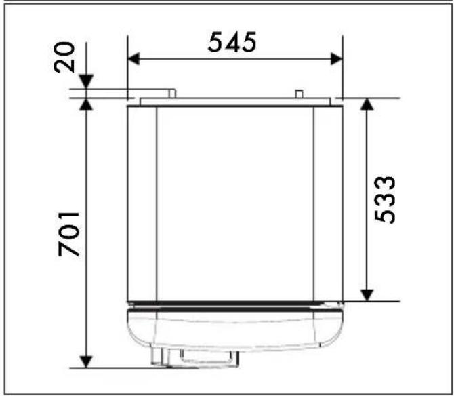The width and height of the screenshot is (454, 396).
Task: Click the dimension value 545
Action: click(232, 42)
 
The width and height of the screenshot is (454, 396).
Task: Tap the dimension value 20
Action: click(64, 57)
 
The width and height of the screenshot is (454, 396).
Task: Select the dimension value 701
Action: click(68, 234)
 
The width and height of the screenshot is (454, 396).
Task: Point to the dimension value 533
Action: click(384, 200)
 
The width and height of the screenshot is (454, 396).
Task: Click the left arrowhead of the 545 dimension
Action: click(133, 59)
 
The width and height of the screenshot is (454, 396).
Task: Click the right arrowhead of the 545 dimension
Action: click(337, 59)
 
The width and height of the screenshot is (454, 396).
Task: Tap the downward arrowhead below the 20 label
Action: click(86, 81)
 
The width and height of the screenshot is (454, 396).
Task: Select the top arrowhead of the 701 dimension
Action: click(86, 104)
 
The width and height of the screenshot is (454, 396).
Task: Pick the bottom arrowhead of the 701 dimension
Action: click(86, 362)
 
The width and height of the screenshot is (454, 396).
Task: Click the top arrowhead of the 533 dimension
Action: click(367, 104)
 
